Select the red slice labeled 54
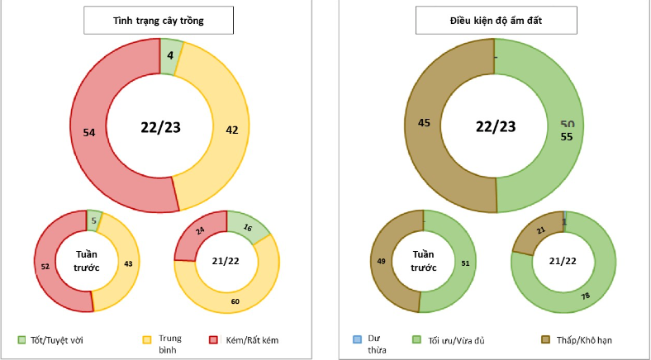point(91,132)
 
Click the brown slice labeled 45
point(425,124)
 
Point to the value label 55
point(566,136)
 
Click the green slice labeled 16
point(248,225)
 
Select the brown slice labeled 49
point(382,261)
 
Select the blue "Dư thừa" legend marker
point(357,339)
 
